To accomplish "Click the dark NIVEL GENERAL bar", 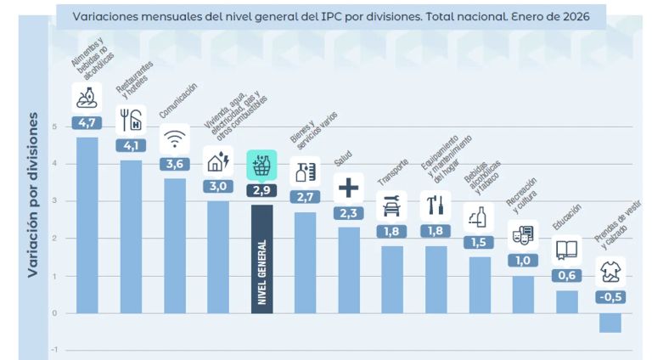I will click(x=261, y=259).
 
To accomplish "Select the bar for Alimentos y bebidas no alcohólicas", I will click(x=87, y=225).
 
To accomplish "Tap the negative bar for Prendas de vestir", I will click(x=610, y=323).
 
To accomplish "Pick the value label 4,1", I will click(x=131, y=145).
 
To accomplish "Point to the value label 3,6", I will click(x=174, y=164).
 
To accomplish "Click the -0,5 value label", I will click(x=610, y=297).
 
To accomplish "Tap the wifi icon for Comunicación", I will click(x=175, y=139).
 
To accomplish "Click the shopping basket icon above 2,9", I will click(x=261, y=165).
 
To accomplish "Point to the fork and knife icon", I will click(x=131, y=120).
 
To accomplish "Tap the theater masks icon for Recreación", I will click(x=523, y=235).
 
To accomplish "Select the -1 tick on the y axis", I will click(x=54, y=349).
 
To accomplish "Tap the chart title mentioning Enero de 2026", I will click(x=325, y=16).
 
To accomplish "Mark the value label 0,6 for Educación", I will click(x=566, y=275).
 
